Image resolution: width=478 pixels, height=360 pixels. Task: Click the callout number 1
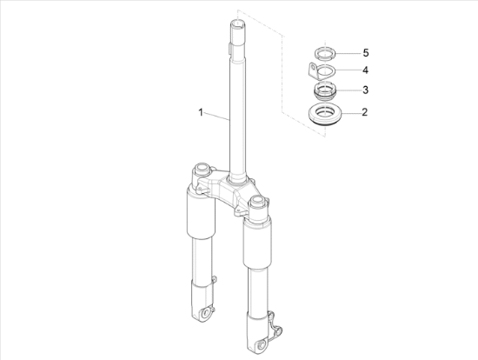pyautogui.click(x=201, y=112)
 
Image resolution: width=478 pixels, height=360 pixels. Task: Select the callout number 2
pyautogui.click(x=365, y=112)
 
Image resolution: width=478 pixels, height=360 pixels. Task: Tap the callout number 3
pyautogui.click(x=365, y=90)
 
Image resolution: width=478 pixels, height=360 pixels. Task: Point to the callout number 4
pyautogui.click(x=365, y=70)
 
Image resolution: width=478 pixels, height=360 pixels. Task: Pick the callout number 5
pyautogui.click(x=366, y=53)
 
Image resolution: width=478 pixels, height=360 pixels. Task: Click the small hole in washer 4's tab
pyautogui.click(x=312, y=66)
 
